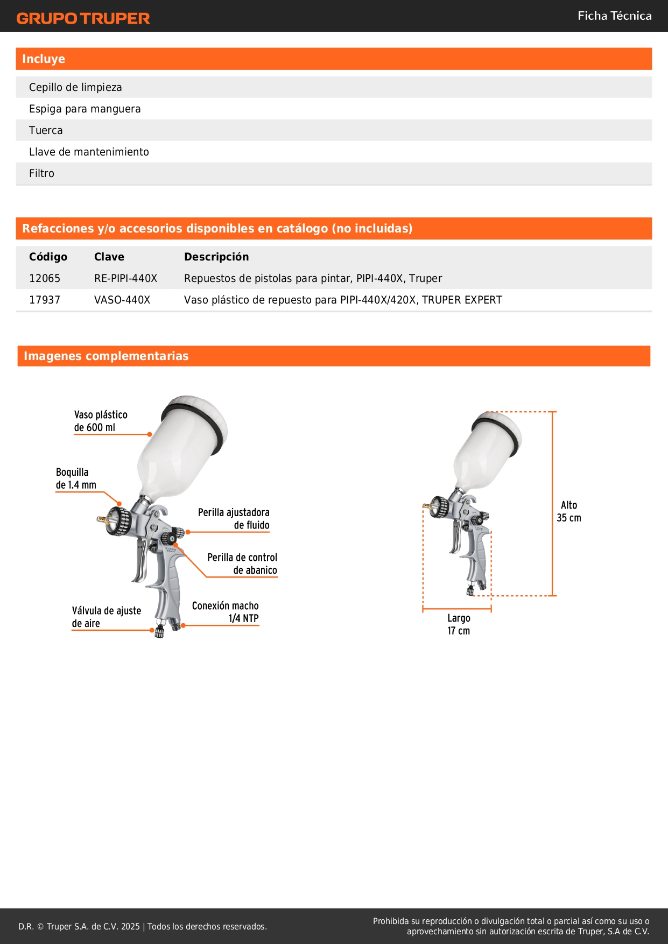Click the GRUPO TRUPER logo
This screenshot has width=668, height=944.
click(x=83, y=18)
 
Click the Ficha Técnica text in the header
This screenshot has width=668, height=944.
click(x=614, y=16)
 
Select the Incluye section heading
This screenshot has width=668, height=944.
click(x=44, y=59)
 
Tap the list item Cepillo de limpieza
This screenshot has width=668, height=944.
click(x=75, y=87)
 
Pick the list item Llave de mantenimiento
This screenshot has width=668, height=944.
click(x=89, y=152)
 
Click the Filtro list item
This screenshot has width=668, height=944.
click(x=41, y=173)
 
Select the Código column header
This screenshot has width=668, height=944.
click(x=48, y=257)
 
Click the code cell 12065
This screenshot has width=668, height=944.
click(x=45, y=278)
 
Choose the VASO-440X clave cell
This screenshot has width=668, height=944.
click(x=122, y=300)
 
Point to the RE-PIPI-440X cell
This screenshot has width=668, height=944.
click(x=125, y=278)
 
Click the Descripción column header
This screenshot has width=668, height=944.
click(x=216, y=257)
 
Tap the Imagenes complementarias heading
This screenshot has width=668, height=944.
click(x=106, y=356)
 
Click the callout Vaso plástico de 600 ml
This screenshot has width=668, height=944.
click(x=101, y=421)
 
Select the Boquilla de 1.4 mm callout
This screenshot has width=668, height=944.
click(x=76, y=478)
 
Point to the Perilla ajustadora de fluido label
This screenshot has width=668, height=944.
click(x=234, y=519)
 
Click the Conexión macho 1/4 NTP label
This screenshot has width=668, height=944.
click(x=226, y=612)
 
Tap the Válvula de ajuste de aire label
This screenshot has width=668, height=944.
click(x=106, y=617)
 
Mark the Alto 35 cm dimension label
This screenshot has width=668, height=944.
click(x=569, y=511)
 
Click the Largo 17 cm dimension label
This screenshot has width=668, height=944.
click(x=459, y=624)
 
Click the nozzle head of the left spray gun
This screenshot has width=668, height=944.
click(x=117, y=520)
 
